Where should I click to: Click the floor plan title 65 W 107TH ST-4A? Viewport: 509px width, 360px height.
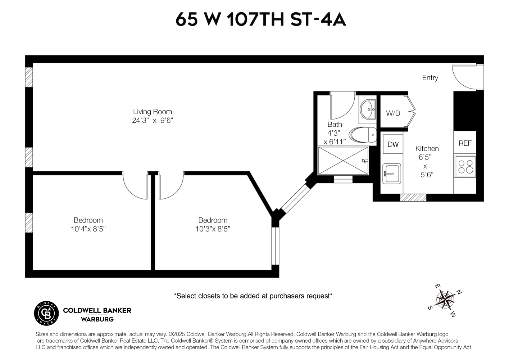(260, 20)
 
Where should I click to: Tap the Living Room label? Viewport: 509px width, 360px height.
(153, 112)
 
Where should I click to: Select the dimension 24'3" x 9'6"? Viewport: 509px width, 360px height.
(153, 121)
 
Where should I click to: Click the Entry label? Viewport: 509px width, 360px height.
(430, 78)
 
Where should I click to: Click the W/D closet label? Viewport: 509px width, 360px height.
(393, 113)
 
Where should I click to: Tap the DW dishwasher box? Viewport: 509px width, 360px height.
(393, 144)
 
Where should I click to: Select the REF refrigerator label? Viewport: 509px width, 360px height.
(465, 143)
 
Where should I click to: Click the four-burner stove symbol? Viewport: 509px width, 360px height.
(465, 167)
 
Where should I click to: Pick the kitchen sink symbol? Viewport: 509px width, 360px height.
(391, 174)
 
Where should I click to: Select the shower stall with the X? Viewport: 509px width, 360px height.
(343, 161)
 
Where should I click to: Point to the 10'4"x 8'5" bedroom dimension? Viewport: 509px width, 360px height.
(88, 229)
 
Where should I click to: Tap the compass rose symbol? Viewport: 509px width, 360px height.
(445, 300)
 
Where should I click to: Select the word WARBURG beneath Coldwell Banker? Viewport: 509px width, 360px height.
(97, 319)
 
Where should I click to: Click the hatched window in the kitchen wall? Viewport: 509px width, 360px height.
(413, 198)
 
